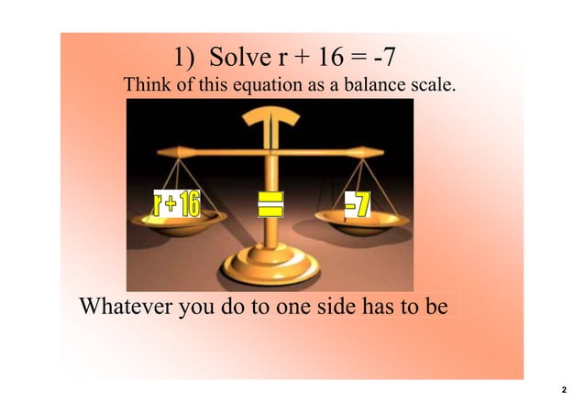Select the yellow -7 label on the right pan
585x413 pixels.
(357, 205)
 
